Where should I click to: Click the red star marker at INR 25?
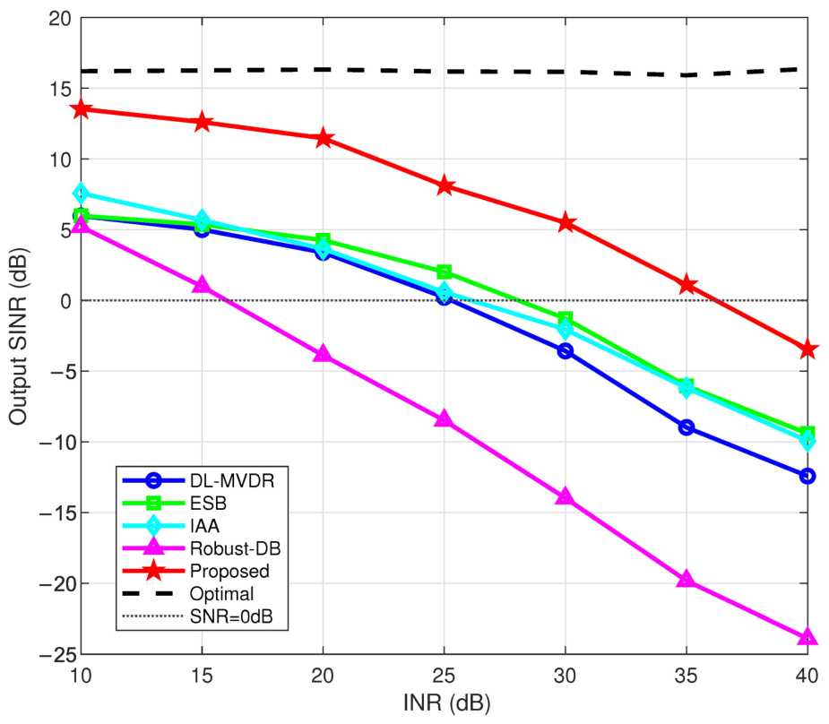click(445, 185)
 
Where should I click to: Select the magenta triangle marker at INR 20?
click(323, 354)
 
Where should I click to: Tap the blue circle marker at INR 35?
click(687, 427)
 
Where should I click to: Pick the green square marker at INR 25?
click(445, 272)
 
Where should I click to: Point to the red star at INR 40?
click(807, 349)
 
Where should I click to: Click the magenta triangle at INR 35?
click(687, 579)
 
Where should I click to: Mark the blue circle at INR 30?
click(566, 351)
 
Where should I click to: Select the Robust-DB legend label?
click(236, 548)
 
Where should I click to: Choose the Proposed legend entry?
click(229, 572)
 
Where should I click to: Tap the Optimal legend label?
click(221, 594)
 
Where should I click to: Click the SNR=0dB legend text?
click(231, 616)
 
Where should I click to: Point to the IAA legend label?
click(204, 526)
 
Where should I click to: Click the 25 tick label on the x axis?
click(445, 676)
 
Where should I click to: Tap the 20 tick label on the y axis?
click(60, 19)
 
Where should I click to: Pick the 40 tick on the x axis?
click(807, 676)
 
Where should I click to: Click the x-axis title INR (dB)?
click(446, 703)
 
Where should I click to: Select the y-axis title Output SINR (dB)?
click(19, 336)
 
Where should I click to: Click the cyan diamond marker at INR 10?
click(81, 194)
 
